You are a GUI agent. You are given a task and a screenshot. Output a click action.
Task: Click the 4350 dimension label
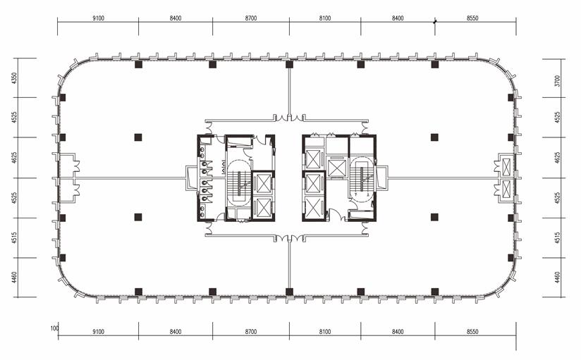point(14,78)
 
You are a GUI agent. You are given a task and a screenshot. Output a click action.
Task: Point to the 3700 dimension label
point(557,81)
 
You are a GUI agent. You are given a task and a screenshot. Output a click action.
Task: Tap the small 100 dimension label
point(54,328)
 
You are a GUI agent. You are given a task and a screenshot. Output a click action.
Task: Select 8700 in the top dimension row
point(251,18)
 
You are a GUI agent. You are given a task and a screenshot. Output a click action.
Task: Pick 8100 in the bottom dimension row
point(325,332)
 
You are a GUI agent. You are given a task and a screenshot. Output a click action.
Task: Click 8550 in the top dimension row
point(472,18)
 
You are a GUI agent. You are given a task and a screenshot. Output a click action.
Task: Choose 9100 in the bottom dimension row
point(98,332)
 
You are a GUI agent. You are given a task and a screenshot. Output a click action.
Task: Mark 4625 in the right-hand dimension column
point(557,158)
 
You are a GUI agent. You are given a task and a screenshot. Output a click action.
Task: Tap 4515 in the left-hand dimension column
point(14,238)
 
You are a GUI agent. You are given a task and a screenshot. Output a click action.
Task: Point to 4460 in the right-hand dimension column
point(557,278)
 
